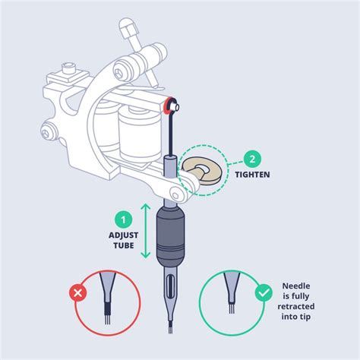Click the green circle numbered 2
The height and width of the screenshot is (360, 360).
(x=252, y=159)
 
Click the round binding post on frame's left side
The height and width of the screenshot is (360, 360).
(x=50, y=128)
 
